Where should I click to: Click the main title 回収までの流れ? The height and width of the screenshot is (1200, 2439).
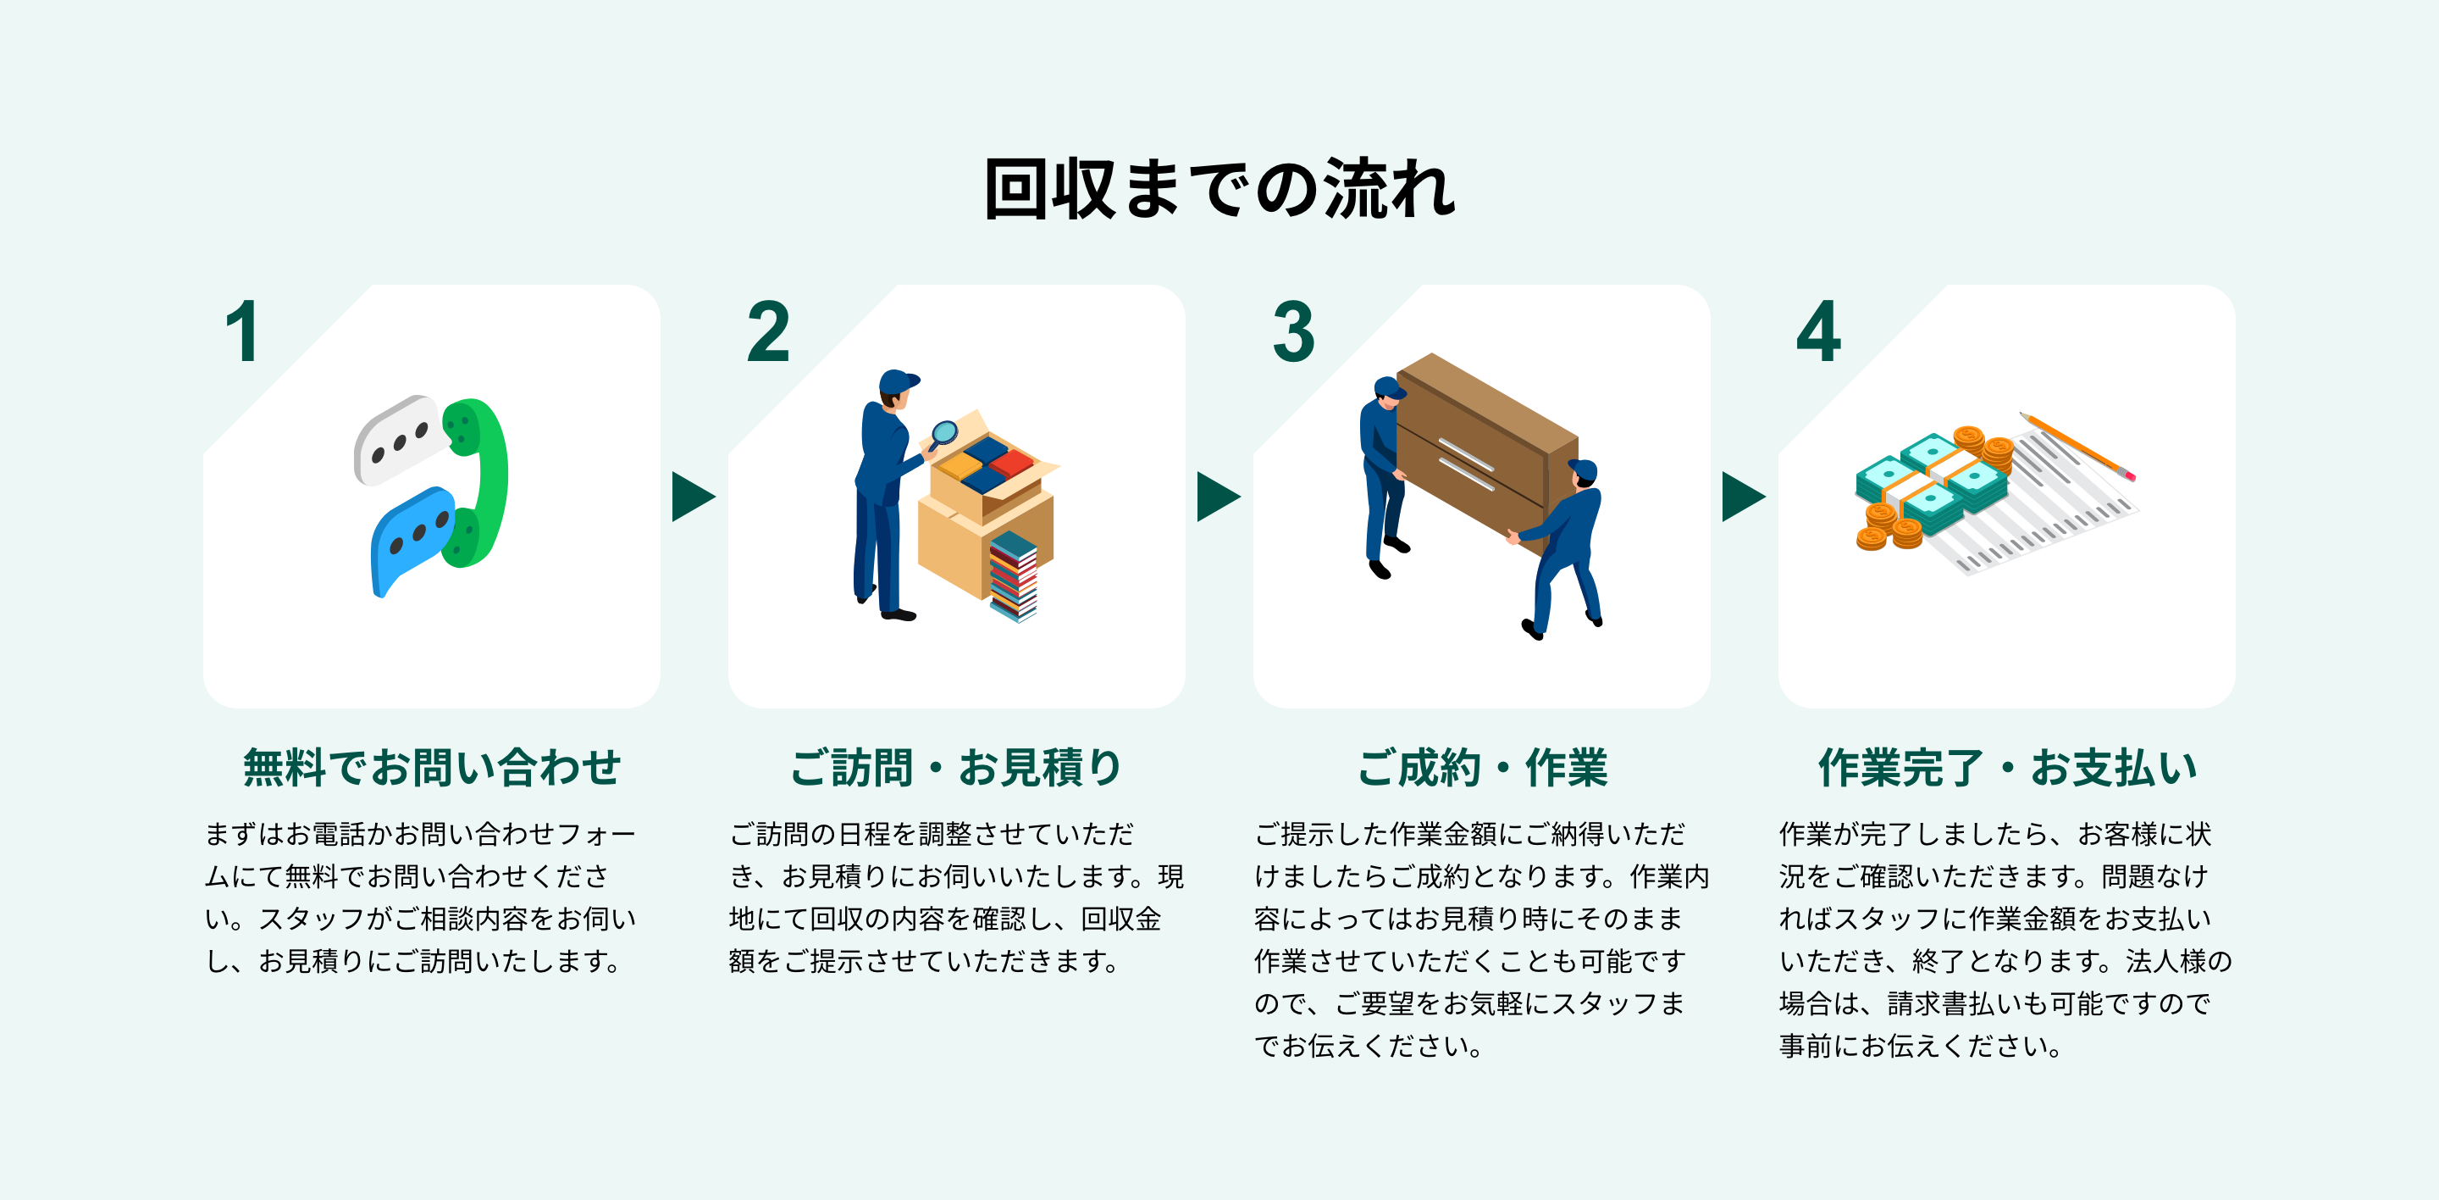pos(1219,190)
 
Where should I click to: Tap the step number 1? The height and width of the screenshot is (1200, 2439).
pos(243,331)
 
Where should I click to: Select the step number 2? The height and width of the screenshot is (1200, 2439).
pos(768,331)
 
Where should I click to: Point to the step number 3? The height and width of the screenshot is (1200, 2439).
pos(1293,331)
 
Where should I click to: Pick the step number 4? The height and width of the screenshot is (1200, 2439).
pos(1818,331)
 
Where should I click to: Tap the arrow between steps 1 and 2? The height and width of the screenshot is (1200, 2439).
pos(693,497)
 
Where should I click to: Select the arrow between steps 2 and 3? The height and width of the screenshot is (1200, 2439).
pos(1218,497)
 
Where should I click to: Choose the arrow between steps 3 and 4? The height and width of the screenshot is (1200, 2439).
pos(1743,497)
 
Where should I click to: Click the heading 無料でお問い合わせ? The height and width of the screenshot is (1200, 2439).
pos(432,767)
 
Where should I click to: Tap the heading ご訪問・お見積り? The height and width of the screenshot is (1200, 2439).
pos(956,767)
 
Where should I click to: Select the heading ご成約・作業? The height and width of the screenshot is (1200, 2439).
pos(1482,767)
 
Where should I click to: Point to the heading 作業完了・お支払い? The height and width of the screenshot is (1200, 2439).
pos(2007,767)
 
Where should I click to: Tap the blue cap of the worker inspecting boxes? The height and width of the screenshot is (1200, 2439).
pos(897,381)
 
